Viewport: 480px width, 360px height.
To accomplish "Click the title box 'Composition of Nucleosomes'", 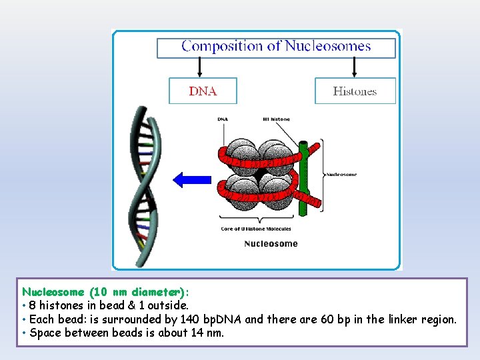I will click(276, 47).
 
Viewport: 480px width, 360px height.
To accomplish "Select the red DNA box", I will click(203, 91).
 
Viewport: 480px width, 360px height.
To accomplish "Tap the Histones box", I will click(355, 91).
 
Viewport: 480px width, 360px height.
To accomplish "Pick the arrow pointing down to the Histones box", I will click(354, 67).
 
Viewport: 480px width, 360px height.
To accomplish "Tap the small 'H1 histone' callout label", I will click(276, 119).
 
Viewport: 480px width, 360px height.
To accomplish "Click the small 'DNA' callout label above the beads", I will click(223, 119).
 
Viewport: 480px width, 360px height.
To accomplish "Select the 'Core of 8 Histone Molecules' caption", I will click(255, 229).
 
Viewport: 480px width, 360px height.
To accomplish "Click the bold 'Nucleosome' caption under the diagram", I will click(271, 243).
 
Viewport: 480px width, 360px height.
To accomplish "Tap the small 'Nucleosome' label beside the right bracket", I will click(341, 175).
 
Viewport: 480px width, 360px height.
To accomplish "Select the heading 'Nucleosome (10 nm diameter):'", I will click(105, 292).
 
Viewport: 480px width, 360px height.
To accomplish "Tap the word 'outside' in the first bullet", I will click(167, 305).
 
